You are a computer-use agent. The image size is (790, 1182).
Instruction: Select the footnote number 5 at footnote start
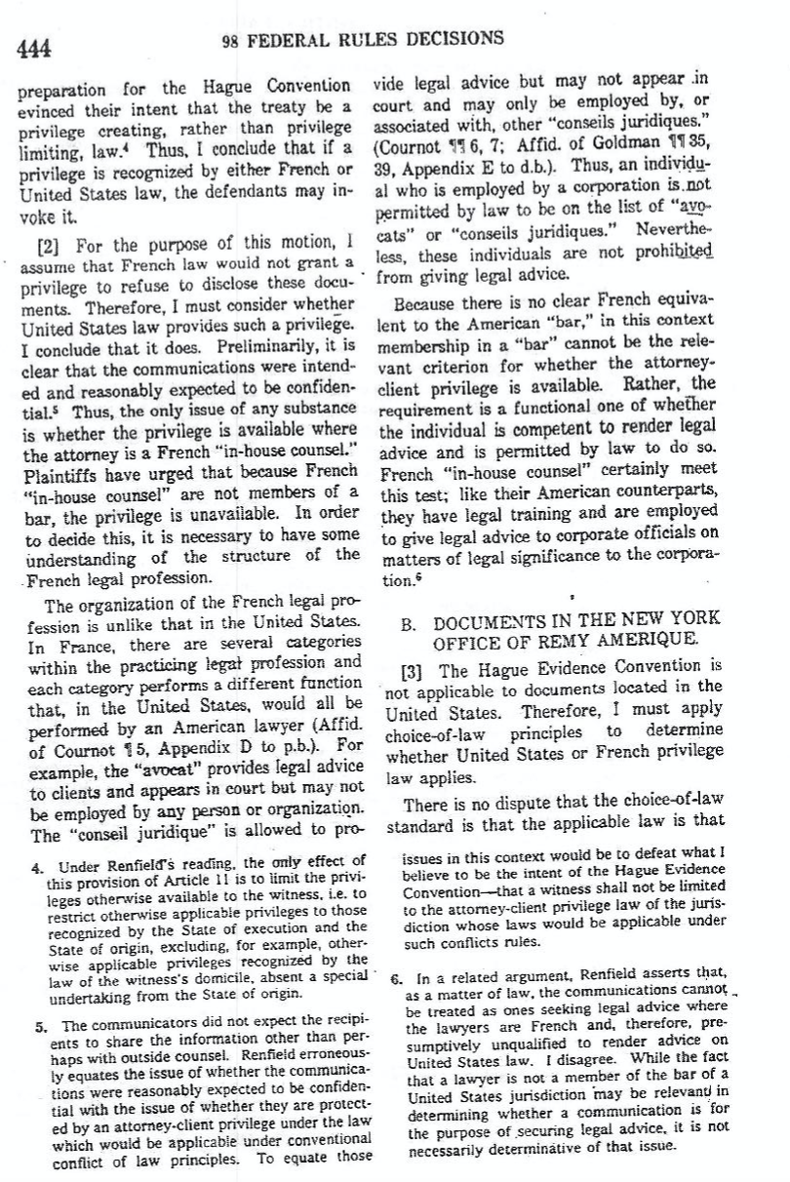(35, 1025)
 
